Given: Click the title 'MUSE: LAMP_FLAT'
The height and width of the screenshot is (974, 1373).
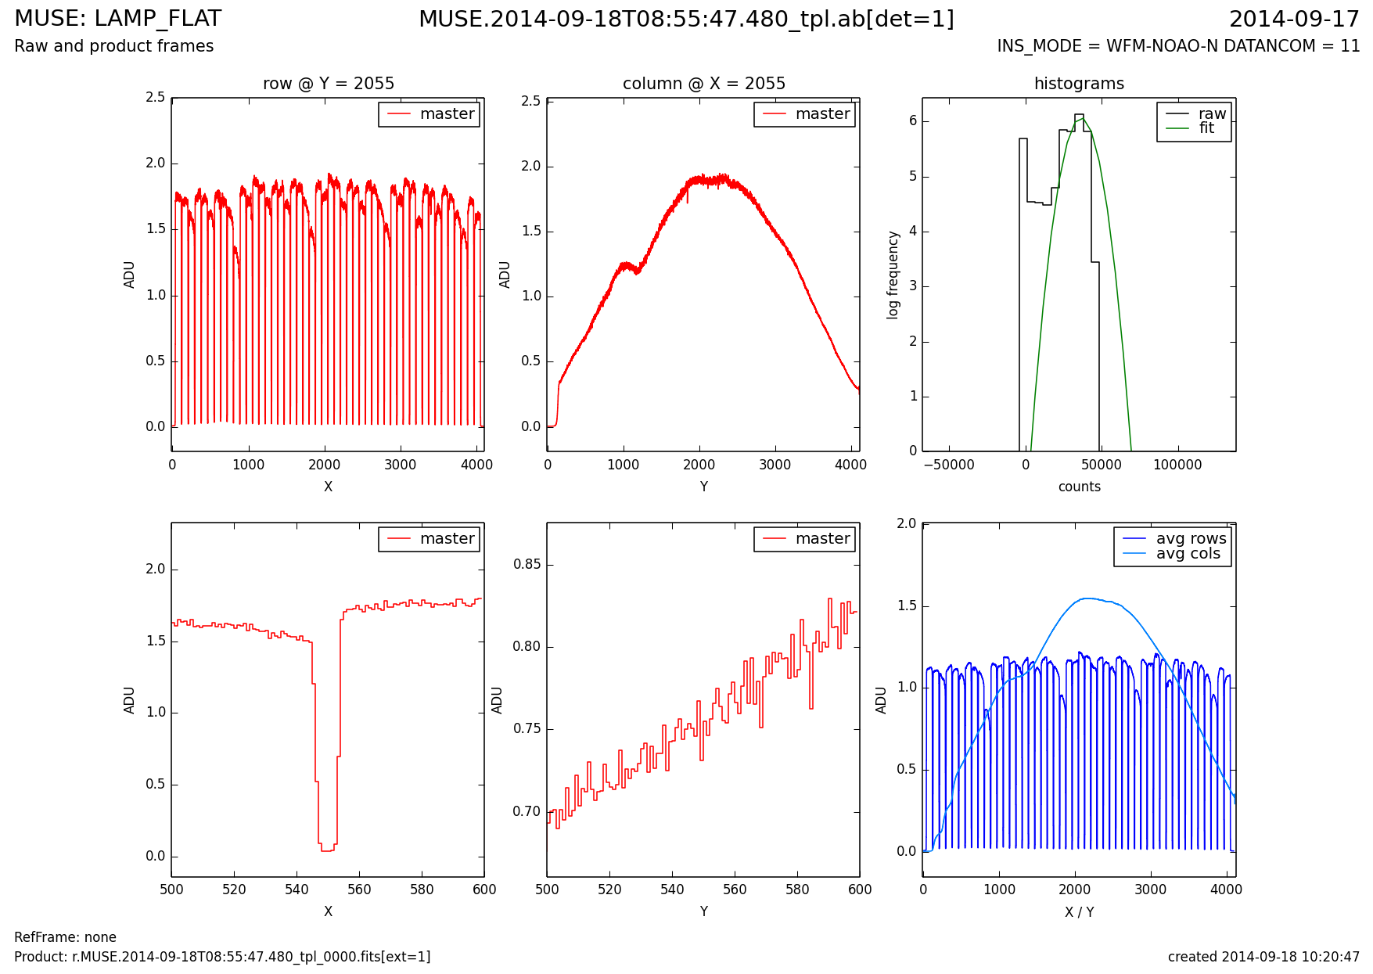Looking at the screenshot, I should [118, 19].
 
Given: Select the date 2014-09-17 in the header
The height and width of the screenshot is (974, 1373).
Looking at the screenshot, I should [1294, 19].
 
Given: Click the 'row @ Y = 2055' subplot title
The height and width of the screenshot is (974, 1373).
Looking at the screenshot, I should [328, 84].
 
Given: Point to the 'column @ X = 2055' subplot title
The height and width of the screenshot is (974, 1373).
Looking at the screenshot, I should [703, 84].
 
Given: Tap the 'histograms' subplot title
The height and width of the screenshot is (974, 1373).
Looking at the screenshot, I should [1079, 84].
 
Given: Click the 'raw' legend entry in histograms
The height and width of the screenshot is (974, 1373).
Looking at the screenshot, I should [1212, 114].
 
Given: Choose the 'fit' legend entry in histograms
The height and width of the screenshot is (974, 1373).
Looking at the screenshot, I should [1206, 128].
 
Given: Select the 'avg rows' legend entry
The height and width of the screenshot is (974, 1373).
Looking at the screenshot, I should [1191, 539].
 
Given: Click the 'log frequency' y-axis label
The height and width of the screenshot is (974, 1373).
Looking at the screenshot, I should [893, 275].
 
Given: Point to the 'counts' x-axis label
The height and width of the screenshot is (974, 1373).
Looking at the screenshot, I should [1079, 487].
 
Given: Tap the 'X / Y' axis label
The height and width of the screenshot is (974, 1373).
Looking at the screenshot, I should [1079, 911].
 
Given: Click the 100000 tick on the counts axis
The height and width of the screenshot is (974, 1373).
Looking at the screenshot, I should [1177, 465].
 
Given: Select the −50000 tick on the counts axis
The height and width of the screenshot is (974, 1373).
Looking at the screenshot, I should [949, 465].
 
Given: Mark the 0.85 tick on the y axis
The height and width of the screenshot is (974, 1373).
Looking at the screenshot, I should [527, 565].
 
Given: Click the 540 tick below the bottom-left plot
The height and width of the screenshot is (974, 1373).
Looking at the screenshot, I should [297, 890].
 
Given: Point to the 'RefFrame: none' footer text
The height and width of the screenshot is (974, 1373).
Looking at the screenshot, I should [65, 937].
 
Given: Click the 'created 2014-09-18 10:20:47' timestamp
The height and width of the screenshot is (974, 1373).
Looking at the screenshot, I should [1263, 957].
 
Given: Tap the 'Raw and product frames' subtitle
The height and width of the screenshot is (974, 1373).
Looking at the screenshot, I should [114, 46].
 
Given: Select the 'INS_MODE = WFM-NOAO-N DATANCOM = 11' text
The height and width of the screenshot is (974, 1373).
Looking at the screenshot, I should [1178, 46].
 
